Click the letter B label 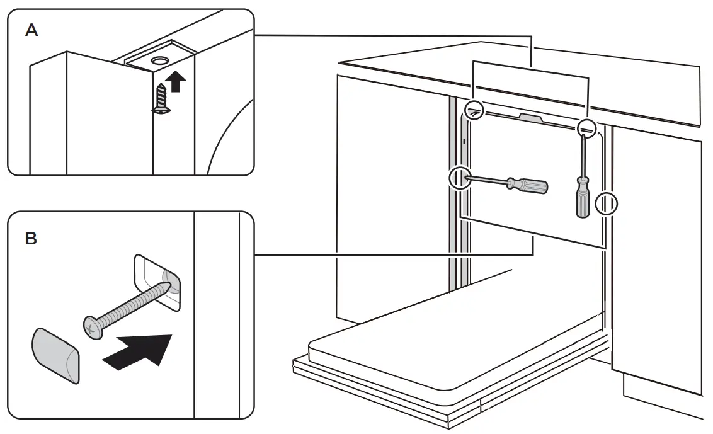(x=31, y=239)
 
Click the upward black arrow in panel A (x=178, y=81)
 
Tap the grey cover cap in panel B (x=55, y=355)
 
